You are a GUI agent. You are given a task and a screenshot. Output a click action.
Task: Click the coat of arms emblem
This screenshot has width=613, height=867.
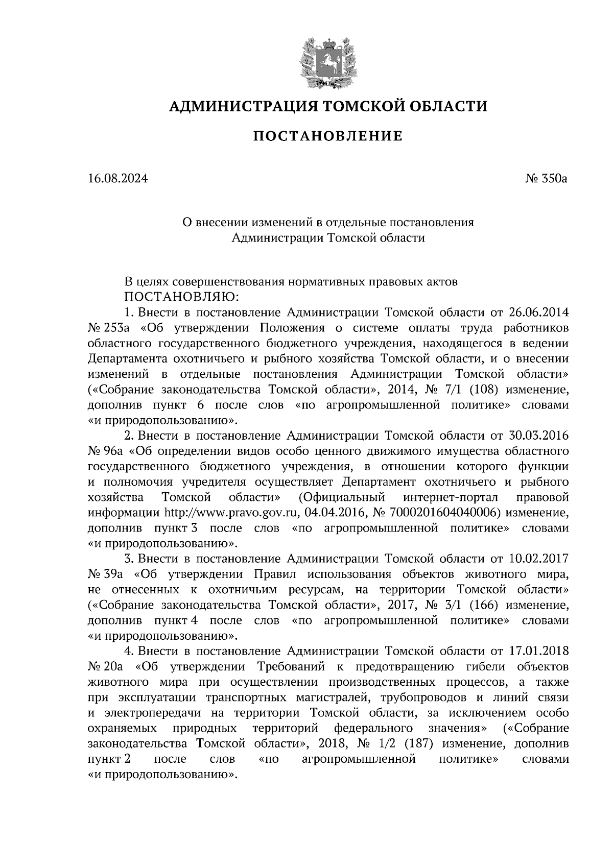coord(327,60)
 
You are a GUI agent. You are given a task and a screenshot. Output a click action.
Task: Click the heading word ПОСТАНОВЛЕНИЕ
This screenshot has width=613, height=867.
coord(328,136)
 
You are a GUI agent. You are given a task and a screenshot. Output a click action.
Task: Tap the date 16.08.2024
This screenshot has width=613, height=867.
coord(118,179)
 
